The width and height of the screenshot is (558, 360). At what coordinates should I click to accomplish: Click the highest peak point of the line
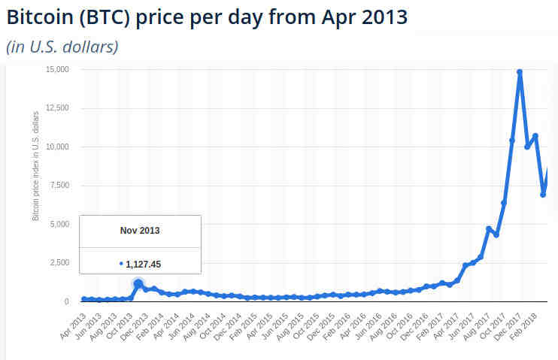(x=520, y=72)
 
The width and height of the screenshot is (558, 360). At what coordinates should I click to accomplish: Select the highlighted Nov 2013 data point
(x=138, y=284)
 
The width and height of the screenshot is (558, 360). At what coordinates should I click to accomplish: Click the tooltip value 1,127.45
(x=144, y=264)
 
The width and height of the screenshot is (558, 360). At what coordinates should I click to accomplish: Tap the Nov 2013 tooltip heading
(x=140, y=231)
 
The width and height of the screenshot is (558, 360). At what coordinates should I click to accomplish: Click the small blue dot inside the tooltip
(x=121, y=264)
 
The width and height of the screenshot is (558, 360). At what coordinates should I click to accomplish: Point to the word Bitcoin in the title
(x=38, y=17)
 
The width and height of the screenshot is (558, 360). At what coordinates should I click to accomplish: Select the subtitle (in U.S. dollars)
(x=62, y=47)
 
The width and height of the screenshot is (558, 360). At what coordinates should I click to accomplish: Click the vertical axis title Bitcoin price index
(x=35, y=167)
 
